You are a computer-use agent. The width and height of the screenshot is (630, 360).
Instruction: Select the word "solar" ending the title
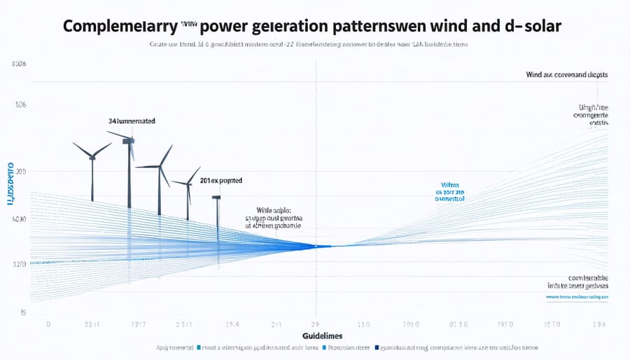(x=540, y=25)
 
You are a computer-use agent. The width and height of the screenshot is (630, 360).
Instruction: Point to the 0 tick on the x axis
(x=48, y=325)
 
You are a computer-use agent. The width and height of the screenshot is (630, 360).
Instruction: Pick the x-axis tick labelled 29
(x=315, y=325)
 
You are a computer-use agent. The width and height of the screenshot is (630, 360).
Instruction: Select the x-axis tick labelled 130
(x=364, y=325)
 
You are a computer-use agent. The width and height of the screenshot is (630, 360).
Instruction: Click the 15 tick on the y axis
(x=22, y=312)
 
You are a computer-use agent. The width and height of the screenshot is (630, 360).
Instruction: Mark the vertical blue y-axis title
(x=10, y=184)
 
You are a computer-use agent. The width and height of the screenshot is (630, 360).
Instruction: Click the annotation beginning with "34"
(x=132, y=121)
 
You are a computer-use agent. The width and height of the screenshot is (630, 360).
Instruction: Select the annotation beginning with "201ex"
(x=220, y=181)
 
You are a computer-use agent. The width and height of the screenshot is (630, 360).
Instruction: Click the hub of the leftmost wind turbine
(x=92, y=156)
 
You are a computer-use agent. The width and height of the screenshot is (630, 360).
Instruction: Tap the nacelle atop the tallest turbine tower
(x=128, y=141)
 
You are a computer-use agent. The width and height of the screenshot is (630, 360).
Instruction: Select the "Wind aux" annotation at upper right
(x=566, y=74)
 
